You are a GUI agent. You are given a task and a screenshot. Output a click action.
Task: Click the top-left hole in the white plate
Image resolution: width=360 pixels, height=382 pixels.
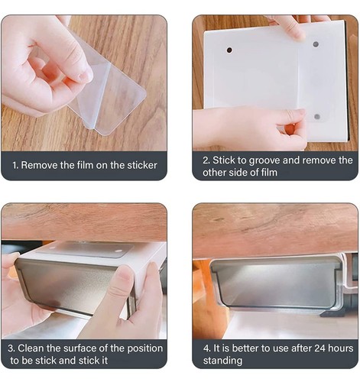(229, 50)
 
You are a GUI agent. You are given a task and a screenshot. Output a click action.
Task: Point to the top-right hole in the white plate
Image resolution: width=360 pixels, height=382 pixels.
(316, 44)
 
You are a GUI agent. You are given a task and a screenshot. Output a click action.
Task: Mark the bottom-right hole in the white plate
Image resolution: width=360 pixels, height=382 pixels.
(316, 117)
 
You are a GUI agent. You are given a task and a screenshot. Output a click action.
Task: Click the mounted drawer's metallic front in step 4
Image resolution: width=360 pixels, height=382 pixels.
(275, 283)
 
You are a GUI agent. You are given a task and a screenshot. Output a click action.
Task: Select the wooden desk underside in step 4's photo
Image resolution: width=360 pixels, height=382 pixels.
(275, 229)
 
